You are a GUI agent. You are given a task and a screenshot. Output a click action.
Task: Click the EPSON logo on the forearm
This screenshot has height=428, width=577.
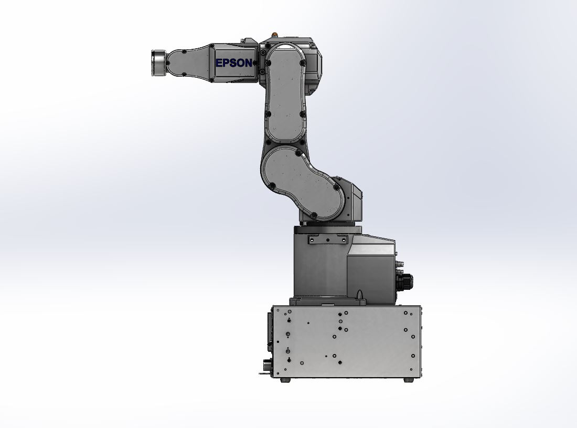233,63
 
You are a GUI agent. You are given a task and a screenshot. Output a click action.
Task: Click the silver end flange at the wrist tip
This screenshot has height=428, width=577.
158,63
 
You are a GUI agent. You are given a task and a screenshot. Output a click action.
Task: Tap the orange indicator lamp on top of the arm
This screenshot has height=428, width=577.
274,34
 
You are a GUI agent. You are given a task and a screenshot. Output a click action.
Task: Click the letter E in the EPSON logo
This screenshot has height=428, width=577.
219,63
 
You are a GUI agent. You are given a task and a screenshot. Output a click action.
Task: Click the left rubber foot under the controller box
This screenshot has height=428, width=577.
285,380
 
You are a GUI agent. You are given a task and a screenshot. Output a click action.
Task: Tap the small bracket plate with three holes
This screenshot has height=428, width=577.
327,240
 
